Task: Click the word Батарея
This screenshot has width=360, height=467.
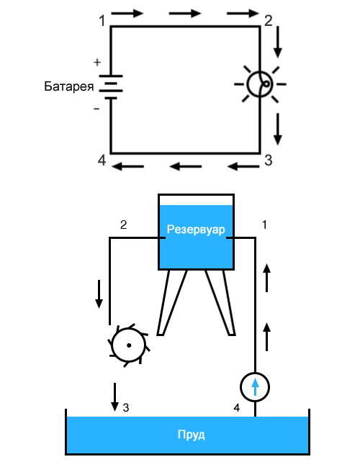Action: (69, 86)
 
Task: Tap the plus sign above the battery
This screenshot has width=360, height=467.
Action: (97, 63)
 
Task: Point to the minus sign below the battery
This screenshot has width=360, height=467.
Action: (96, 109)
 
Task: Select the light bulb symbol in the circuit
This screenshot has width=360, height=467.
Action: (260, 84)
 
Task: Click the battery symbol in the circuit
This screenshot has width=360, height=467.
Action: (111, 87)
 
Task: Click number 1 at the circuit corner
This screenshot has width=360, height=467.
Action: (102, 21)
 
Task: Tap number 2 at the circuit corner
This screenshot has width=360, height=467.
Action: (269, 21)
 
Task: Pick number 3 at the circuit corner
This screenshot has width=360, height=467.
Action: (269, 160)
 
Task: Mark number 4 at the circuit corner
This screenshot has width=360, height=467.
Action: (102, 160)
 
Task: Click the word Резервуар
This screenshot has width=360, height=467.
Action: (196, 230)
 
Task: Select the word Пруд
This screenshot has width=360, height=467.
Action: (191, 435)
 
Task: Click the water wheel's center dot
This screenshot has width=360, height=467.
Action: (129, 345)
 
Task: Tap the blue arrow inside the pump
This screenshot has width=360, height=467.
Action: (255, 386)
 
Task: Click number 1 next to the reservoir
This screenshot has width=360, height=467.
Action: (264, 225)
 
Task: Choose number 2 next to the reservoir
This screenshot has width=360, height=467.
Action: (123, 225)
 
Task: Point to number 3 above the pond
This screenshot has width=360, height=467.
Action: (126, 408)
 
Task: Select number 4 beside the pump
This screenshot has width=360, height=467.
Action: (237, 408)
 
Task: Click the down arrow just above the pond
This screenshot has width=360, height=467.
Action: (114, 397)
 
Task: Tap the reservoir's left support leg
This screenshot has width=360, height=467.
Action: (172, 302)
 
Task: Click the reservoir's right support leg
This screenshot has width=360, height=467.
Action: (220, 302)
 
